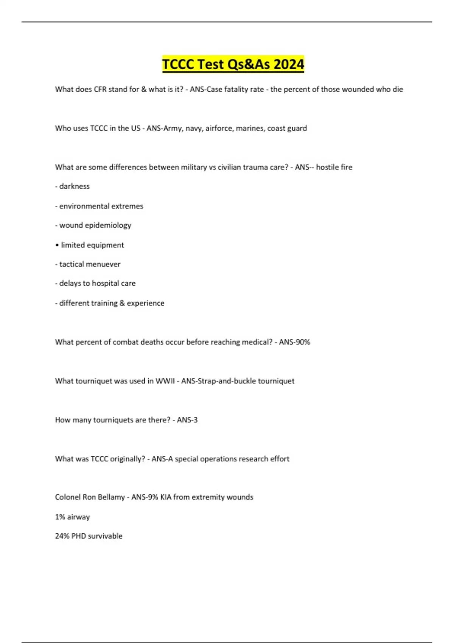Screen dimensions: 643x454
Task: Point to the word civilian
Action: [x=229, y=167]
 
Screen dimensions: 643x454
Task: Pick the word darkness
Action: [x=75, y=186]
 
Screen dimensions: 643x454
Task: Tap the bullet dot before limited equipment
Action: [x=57, y=245]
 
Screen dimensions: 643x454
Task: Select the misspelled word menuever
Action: [x=105, y=264]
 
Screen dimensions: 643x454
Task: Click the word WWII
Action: [x=165, y=381]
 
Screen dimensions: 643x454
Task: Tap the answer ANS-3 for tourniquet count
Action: [x=187, y=420]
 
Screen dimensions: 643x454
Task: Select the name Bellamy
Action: [x=111, y=497]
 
